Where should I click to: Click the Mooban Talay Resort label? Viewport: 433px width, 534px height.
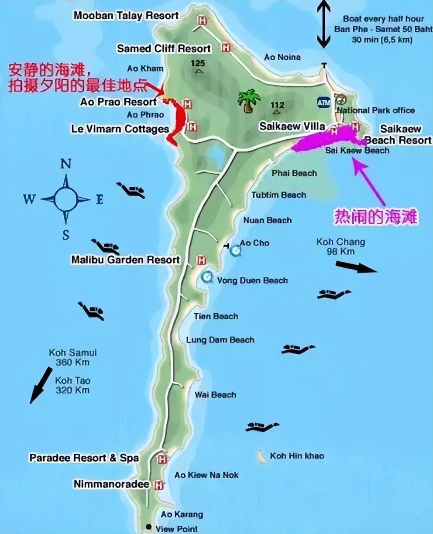[x=126, y=16]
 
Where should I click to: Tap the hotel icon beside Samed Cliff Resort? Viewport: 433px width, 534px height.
[x=226, y=48]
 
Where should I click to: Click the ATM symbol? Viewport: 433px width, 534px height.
[x=324, y=102]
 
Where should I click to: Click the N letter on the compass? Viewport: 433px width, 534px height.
[x=65, y=164]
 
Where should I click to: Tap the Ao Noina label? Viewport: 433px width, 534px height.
[x=282, y=57]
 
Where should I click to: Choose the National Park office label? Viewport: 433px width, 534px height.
[x=376, y=110]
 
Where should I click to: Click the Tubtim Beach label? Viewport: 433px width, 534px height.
[x=278, y=195]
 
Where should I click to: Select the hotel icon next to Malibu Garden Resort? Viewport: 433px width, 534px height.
[x=201, y=260]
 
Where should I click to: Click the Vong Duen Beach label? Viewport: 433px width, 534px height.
[x=252, y=281]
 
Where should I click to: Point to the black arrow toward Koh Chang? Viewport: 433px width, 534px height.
[x=356, y=267]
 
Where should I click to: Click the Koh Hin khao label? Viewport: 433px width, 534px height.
[x=297, y=456]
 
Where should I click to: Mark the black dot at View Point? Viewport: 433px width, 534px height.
[x=149, y=527]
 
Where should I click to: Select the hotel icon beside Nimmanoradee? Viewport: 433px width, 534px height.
[x=159, y=485]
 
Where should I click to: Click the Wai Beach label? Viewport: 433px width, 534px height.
[x=215, y=395]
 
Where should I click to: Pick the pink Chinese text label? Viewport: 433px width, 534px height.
[x=376, y=217]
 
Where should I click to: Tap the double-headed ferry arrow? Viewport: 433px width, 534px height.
[x=323, y=24]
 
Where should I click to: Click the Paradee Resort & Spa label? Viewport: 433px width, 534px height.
[x=84, y=458]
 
